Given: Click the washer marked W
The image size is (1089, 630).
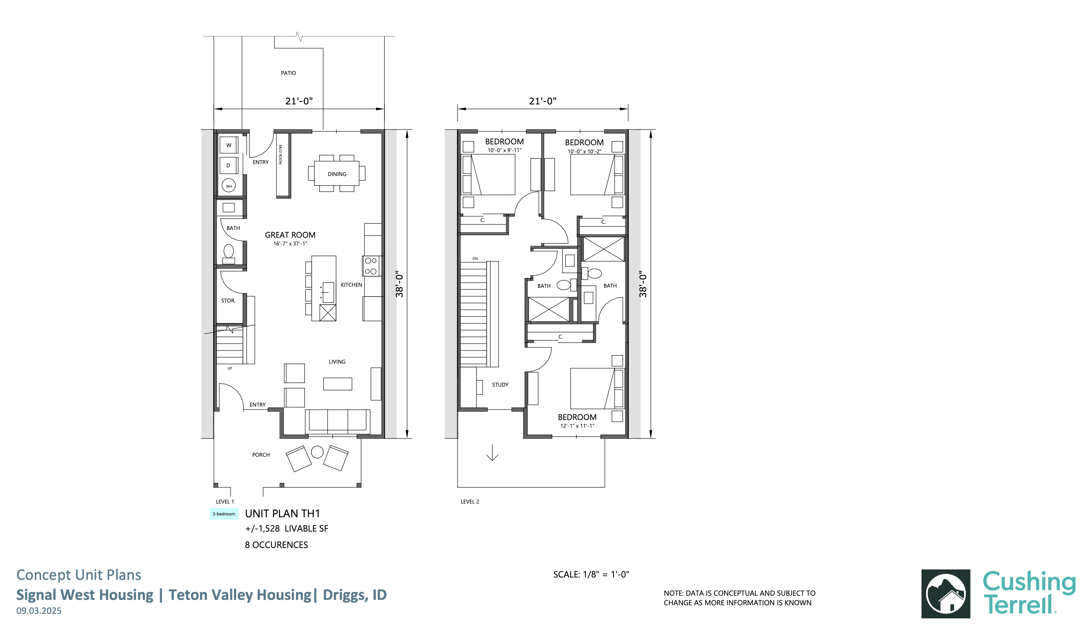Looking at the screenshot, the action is pyautogui.click(x=229, y=145).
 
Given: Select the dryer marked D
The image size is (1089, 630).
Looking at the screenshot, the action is pyautogui.click(x=229, y=165).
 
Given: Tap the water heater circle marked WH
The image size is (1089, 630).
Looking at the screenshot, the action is pyautogui.click(x=229, y=186).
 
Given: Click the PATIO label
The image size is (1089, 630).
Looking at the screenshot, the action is pyautogui.click(x=288, y=73).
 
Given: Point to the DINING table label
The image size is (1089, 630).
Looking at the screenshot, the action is pyautogui.click(x=337, y=174).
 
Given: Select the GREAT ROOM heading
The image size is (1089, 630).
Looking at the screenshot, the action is pyautogui.click(x=290, y=235).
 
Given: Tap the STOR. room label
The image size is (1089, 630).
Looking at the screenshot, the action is pyautogui.click(x=228, y=300).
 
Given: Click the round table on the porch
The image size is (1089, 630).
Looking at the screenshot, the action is pyautogui.click(x=317, y=452).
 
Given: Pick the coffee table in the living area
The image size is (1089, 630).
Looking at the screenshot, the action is pyautogui.click(x=337, y=384).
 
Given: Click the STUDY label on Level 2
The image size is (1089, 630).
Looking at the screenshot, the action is pyautogui.click(x=500, y=385).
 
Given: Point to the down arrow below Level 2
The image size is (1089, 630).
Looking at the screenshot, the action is pyautogui.click(x=492, y=452).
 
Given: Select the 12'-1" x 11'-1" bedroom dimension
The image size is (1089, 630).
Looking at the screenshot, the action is pyautogui.click(x=577, y=426).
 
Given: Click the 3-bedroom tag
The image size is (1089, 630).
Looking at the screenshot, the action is pyautogui.click(x=224, y=514).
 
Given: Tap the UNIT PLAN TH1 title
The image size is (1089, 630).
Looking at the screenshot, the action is pyautogui.click(x=283, y=513).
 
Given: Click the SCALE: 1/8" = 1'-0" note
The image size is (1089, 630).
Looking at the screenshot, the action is pyautogui.click(x=591, y=574).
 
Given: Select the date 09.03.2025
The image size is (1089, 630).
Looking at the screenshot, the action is pyautogui.click(x=39, y=611).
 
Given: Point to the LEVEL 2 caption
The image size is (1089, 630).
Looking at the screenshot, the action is pyautogui.click(x=470, y=501).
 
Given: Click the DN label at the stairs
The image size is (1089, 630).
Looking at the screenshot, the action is pyautogui.click(x=475, y=259).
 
